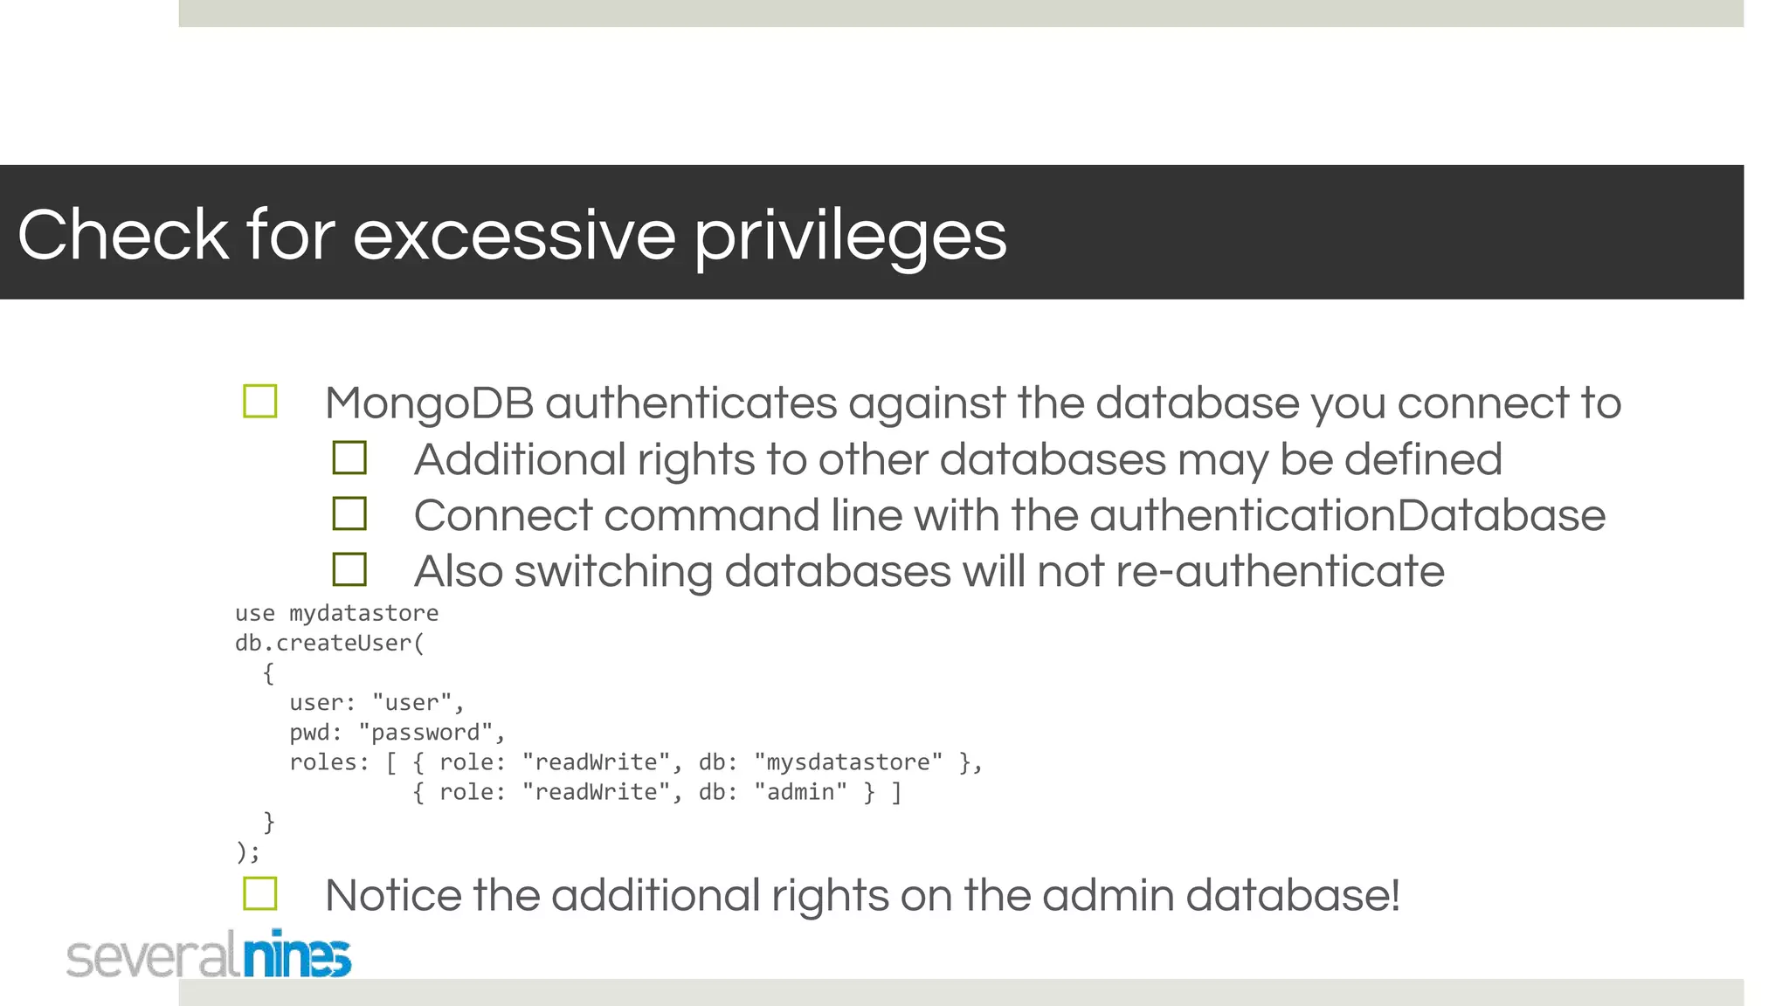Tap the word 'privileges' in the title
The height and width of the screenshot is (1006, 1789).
click(x=850, y=236)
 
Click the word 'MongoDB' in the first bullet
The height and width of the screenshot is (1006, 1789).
click(x=429, y=403)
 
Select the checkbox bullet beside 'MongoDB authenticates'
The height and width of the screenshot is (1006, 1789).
click(x=260, y=402)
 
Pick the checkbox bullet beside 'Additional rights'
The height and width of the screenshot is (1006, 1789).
click(x=349, y=458)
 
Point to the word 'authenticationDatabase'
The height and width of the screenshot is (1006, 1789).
click(x=1347, y=515)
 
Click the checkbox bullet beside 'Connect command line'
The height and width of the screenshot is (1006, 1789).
click(x=349, y=513)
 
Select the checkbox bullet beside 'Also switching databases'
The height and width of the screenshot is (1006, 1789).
click(x=349, y=569)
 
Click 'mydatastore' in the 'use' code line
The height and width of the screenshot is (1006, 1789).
click(x=363, y=613)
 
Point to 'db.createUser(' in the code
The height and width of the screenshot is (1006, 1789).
click(x=329, y=644)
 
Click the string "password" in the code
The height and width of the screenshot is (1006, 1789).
click(x=425, y=733)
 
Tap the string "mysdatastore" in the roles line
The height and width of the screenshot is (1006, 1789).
click(x=847, y=762)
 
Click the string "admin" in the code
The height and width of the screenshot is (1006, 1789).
click(x=800, y=792)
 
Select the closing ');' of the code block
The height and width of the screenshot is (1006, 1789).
click(x=247, y=851)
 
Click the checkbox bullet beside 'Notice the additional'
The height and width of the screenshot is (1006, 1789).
click(x=260, y=893)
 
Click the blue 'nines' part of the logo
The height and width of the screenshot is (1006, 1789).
click(x=297, y=955)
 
